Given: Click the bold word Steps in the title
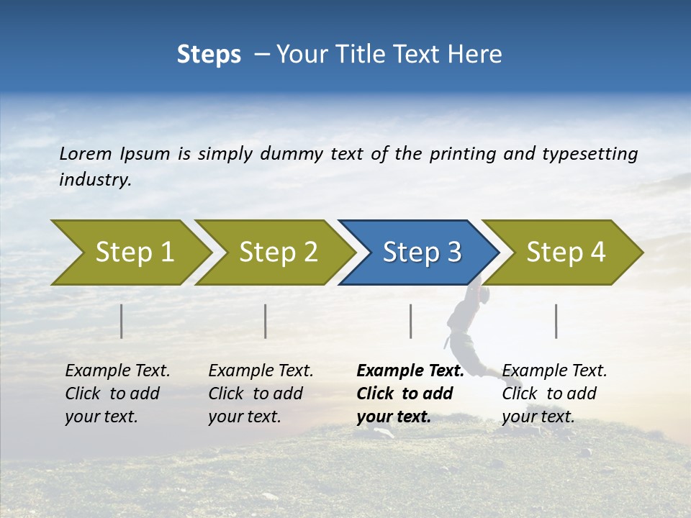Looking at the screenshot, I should [x=209, y=55].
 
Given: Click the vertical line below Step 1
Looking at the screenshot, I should [x=122, y=321].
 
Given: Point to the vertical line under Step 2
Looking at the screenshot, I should [x=266, y=321].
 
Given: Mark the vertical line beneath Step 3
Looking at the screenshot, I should [x=411, y=321].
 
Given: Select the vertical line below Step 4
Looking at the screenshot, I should [x=556, y=321].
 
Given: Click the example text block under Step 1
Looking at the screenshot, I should [x=117, y=394].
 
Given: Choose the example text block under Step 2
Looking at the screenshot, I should [x=261, y=394].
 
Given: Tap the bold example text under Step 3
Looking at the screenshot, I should [x=410, y=394].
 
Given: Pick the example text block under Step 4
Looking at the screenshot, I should [x=554, y=394].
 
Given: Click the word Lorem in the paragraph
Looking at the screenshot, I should [x=86, y=154].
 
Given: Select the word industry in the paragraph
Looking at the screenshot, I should [x=94, y=180].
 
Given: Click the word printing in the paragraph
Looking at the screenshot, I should [x=461, y=154].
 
